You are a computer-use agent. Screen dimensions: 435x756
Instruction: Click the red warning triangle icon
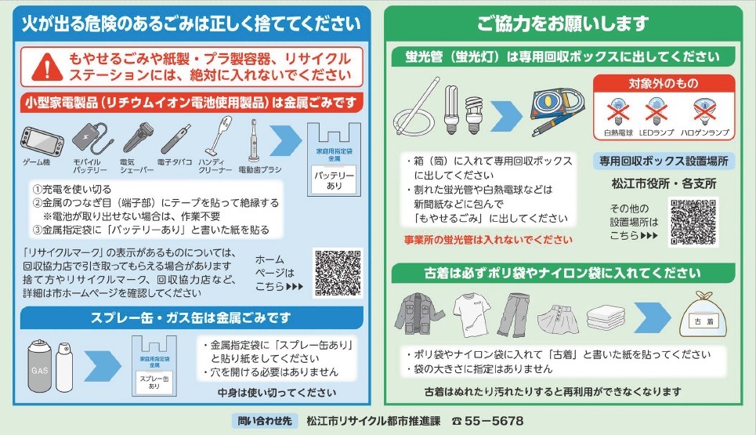click(x=49, y=67)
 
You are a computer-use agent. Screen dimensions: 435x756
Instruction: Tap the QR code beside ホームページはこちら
click(x=338, y=273)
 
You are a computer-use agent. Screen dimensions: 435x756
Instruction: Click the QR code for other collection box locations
click(x=694, y=222)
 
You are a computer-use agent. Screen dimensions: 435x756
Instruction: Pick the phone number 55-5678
click(x=494, y=421)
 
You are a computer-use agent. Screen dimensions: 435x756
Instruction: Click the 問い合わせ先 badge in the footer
click(x=266, y=421)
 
